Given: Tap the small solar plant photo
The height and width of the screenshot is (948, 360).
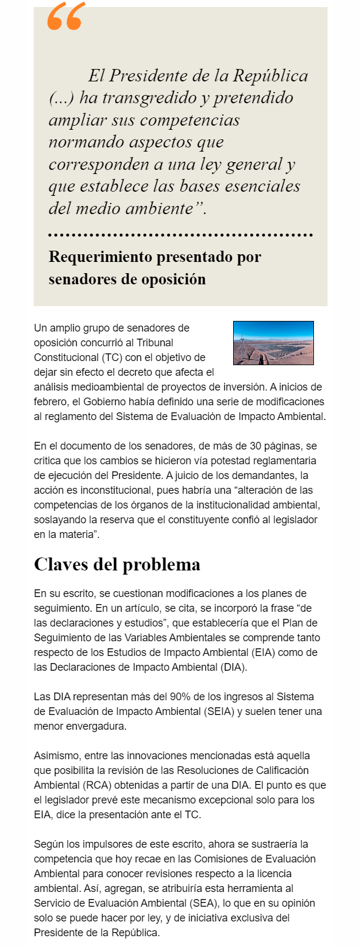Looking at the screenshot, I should click(x=273, y=343).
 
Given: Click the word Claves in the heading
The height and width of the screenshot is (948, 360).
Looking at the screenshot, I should click(x=62, y=565).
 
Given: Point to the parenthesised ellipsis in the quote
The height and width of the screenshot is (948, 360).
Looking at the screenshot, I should click(x=61, y=98).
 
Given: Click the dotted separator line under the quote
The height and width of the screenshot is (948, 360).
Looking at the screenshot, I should click(x=180, y=235).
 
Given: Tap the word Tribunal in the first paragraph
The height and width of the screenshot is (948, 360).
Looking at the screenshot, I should click(x=155, y=343).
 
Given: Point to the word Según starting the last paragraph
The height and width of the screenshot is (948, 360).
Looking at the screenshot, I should click(x=48, y=844).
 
